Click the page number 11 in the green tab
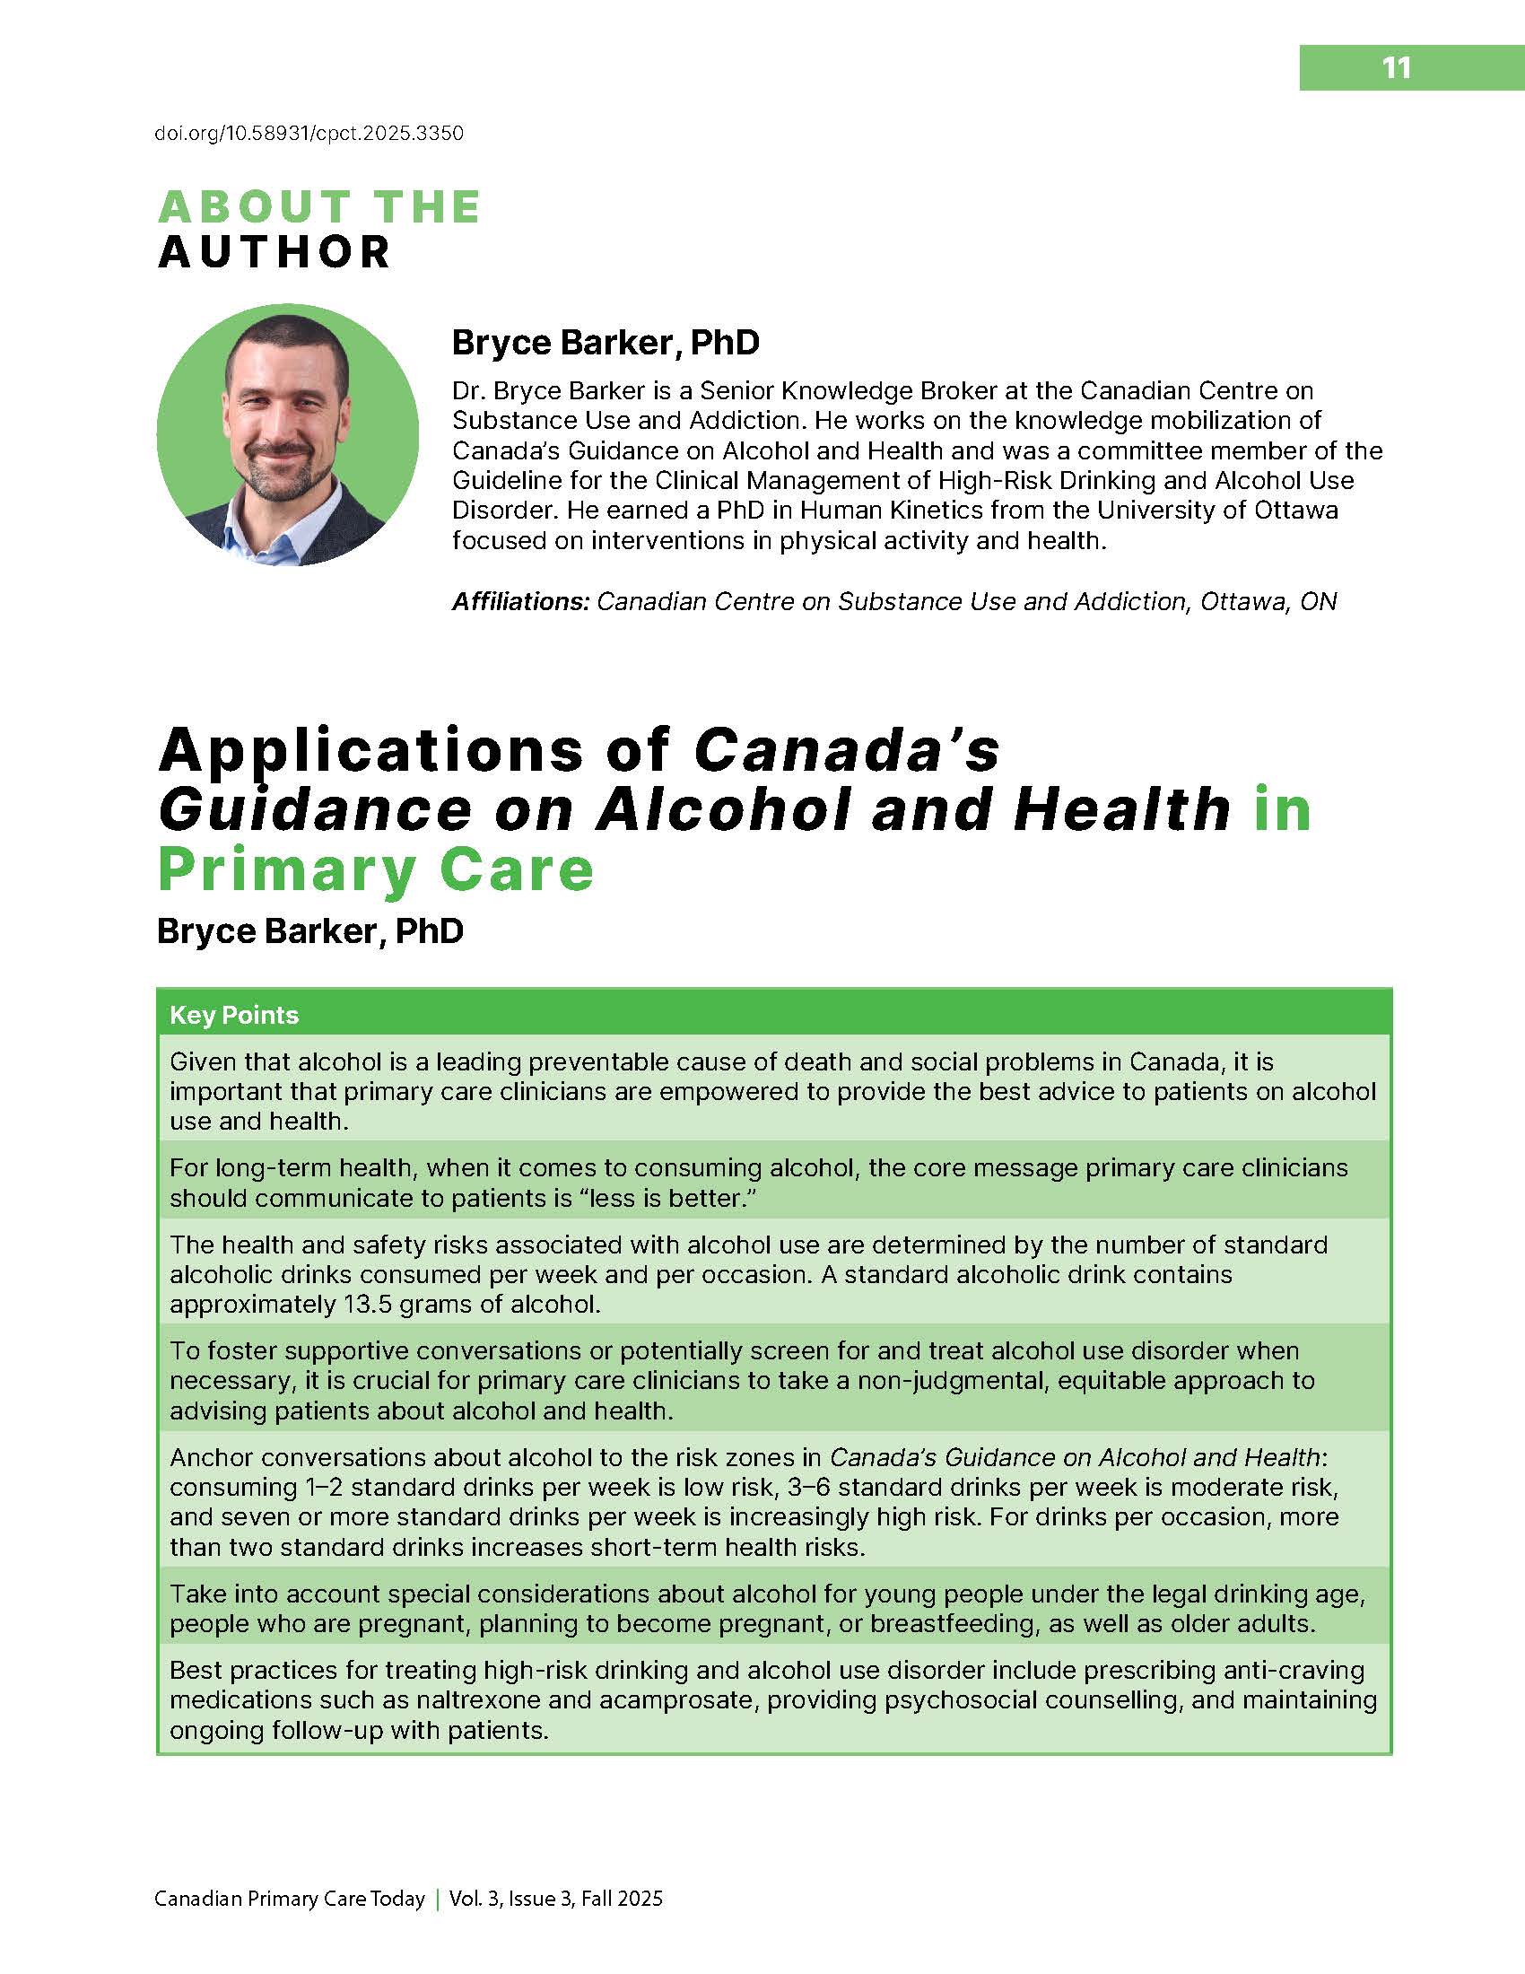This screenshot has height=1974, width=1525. click(x=1396, y=68)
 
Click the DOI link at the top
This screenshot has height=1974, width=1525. click(x=309, y=134)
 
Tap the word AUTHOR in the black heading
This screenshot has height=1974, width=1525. click(x=274, y=252)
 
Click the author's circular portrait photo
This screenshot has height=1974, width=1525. click(x=287, y=435)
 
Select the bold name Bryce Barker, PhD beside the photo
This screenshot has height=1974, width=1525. click(x=606, y=343)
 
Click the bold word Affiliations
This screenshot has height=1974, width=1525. click(x=520, y=601)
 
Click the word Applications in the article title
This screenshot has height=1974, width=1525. click(x=371, y=750)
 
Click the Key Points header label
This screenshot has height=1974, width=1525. click(x=234, y=1015)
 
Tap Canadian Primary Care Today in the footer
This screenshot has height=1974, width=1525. click(x=289, y=1899)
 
